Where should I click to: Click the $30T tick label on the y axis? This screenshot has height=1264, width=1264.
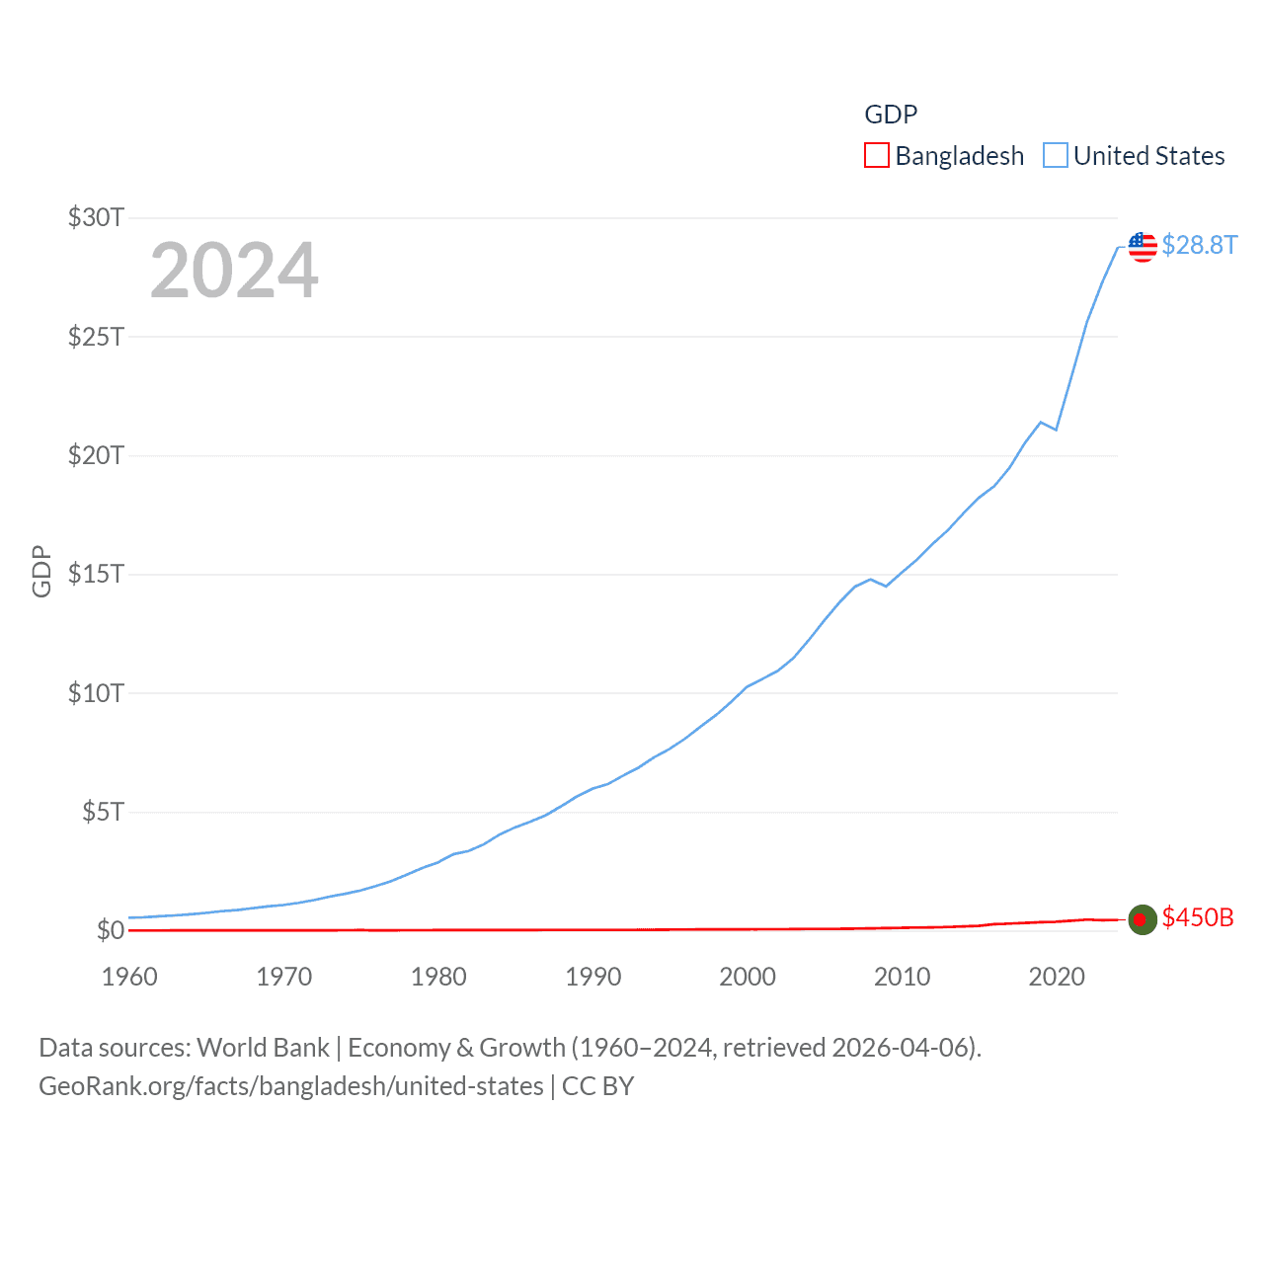coord(96,217)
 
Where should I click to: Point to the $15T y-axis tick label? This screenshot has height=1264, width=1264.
coord(96,574)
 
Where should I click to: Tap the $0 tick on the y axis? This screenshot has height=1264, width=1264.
coord(110,930)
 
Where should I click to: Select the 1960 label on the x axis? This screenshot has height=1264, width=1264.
coord(129,977)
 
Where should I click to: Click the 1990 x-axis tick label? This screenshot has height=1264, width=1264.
coord(592,977)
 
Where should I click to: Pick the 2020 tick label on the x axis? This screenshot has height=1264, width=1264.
coord(1056,977)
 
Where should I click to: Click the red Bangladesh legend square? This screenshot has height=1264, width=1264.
coord(877,156)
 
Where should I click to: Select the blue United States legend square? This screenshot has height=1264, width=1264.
coord(1056,156)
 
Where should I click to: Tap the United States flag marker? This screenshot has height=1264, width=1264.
coord(1143,246)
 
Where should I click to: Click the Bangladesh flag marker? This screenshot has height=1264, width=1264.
coord(1143,919)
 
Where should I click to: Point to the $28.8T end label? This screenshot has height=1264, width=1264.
coord(1199,245)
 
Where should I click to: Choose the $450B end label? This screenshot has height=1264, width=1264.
coord(1197,917)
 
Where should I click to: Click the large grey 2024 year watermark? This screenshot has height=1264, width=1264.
coord(234,270)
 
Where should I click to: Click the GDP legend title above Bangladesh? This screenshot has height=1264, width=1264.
coord(891,115)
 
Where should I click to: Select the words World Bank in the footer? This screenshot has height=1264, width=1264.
coord(263,1048)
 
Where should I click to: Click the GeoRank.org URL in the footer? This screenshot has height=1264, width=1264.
coord(290,1086)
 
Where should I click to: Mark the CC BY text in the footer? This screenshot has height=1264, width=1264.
coord(597,1086)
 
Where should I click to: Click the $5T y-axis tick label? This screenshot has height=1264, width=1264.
coord(103,812)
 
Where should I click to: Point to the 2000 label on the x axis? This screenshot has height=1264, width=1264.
coord(748,977)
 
